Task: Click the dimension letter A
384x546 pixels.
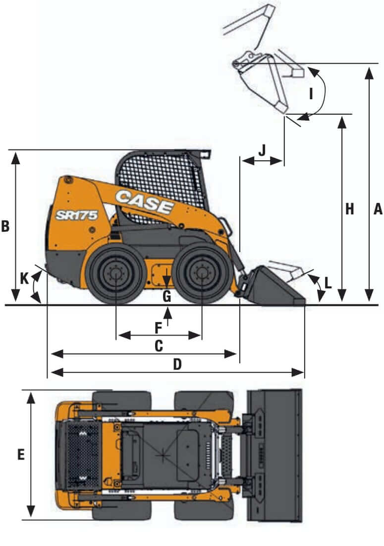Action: pyautogui.click(x=378, y=209)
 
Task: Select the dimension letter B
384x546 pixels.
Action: pyautogui.click(x=5, y=226)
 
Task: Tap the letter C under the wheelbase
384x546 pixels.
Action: pyautogui.click(x=159, y=346)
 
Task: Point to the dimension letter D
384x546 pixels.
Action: pyautogui.click(x=177, y=365)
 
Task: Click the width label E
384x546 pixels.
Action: pyautogui.click(x=21, y=454)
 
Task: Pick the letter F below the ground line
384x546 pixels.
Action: pyautogui.click(x=158, y=328)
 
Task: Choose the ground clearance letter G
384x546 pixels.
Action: pyautogui.click(x=167, y=297)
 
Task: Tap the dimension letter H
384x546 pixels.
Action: pyautogui.click(x=350, y=209)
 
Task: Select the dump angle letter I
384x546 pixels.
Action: pyautogui.click(x=311, y=93)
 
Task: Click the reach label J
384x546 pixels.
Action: pyautogui.click(x=263, y=150)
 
